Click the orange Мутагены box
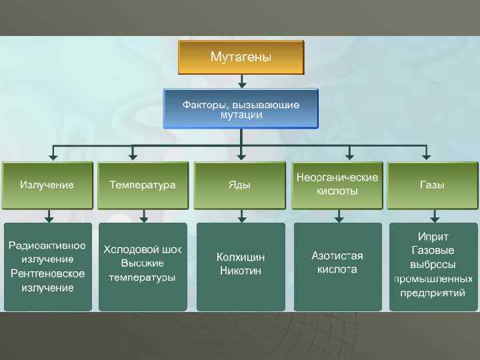pos(241,57)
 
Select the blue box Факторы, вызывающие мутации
pos(241,109)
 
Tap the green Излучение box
pos(47,185)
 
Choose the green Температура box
pos(143,185)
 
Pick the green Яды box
pos(239,185)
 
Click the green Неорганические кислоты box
pos(337,185)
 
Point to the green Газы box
pos(433,185)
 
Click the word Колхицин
pos(241,257)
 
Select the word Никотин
pos(241,271)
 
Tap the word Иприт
pos(433,237)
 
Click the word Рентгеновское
pos(47,273)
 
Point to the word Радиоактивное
pos(47,244)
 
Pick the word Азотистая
pos(337,255)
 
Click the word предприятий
pos(433,292)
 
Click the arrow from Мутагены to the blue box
pos(242,81)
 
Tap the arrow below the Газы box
pos(434,216)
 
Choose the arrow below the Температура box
pos(143,216)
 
